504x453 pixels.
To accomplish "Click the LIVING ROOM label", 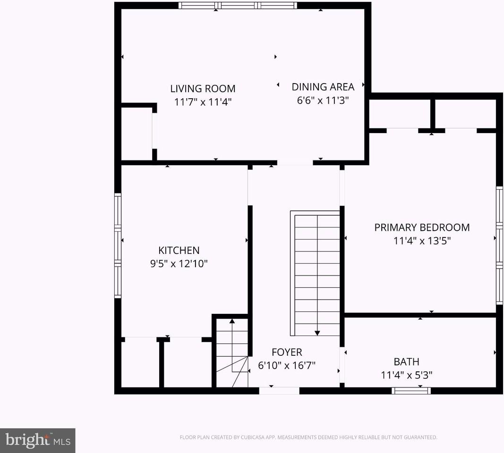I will [x=203, y=89].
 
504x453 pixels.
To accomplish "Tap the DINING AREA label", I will [x=323, y=87].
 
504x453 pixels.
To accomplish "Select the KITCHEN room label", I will [x=179, y=251].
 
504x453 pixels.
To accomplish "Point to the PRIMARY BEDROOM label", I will [x=422, y=227].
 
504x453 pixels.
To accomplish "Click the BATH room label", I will [x=406, y=362].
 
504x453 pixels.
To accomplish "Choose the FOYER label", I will [x=287, y=352].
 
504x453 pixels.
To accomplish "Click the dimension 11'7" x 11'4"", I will [x=203, y=102].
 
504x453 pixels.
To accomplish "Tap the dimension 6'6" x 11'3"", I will [x=323, y=100].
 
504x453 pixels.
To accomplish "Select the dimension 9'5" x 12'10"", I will [x=179, y=264].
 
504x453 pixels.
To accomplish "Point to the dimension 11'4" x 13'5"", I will [x=422, y=241].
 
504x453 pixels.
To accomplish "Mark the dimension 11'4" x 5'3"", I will [x=406, y=375].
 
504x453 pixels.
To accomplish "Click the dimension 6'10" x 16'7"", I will [x=287, y=365].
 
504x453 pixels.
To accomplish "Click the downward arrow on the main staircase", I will [x=317, y=332].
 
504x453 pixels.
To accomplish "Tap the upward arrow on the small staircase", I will [x=232, y=321].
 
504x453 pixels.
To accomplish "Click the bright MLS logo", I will [x=37, y=441].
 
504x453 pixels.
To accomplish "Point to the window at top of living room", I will [x=238, y=6].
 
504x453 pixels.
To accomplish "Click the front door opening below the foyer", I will [x=279, y=390].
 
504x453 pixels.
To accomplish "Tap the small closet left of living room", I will [x=137, y=134].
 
